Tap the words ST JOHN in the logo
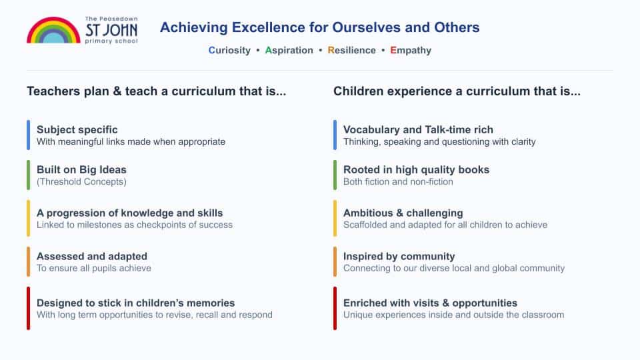pyautogui.click(x=111, y=30)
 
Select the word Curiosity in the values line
pyautogui.click(x=229, y=50)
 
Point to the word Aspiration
pyautogui.click(x=289, y=50)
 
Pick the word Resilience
pyautogui.click(x=351, y=50)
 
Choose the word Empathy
pyautogui.click(x=411, y=50)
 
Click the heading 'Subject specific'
pyautogui.click(x=77, y=130)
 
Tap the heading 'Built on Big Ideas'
pyautogui.click(x=81, y=170)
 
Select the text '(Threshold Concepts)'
pyautogui.click(x=81, y=181)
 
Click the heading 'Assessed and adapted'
pyautogui.click(x=92, y=256)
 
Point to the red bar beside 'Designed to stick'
pyautogui.click(x=28, y=308)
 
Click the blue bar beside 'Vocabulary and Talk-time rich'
pyautogui.click(x=335, y=135)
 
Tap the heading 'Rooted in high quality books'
pyautogui.click(x=416, y=170)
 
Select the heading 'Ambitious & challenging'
pyautogui.click(x=403, y=213)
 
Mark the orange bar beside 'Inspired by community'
pyautogui.click(x=335, y=261)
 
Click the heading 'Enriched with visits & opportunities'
pyautogui.click(x=430, y=303)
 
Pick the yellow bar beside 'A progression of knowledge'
pyautogui.click(x=28, y=218)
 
